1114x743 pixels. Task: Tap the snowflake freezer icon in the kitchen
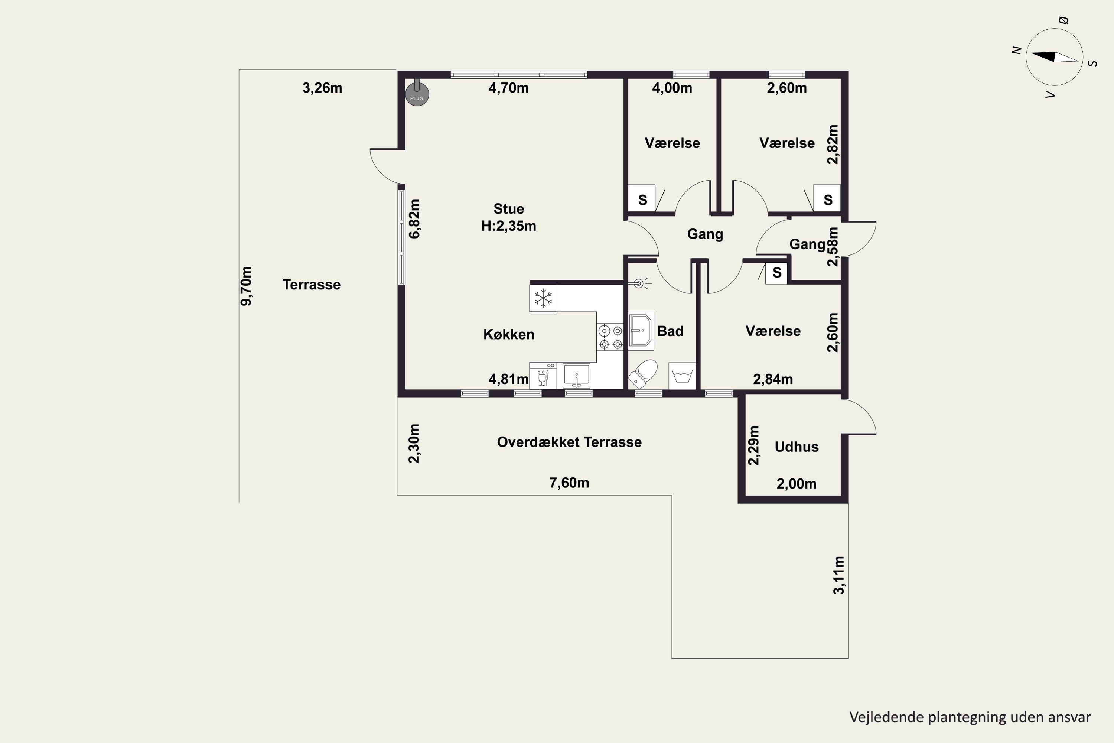click(543, 299)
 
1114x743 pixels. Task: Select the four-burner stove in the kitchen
click(610, 337)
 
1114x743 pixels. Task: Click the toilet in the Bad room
click(643, 373)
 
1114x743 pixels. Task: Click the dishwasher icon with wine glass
click(543, 376)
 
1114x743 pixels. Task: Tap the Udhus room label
click(796, 447)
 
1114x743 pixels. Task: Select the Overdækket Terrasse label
click(569, 442)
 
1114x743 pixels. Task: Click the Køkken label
click(509, 335)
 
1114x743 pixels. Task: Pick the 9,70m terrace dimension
click(246, 286)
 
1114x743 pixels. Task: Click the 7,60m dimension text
click(569, 483)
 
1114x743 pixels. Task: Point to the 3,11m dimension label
click(838, 575)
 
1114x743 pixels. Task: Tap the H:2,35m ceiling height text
click(509, 226)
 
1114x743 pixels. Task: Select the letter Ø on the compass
click(1063, 20)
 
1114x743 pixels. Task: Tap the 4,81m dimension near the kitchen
click(509, 379)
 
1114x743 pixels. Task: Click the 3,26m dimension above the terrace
click(322, 88)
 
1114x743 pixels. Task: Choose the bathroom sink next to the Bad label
click(641, 330)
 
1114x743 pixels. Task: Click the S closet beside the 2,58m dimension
click(776, 272)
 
